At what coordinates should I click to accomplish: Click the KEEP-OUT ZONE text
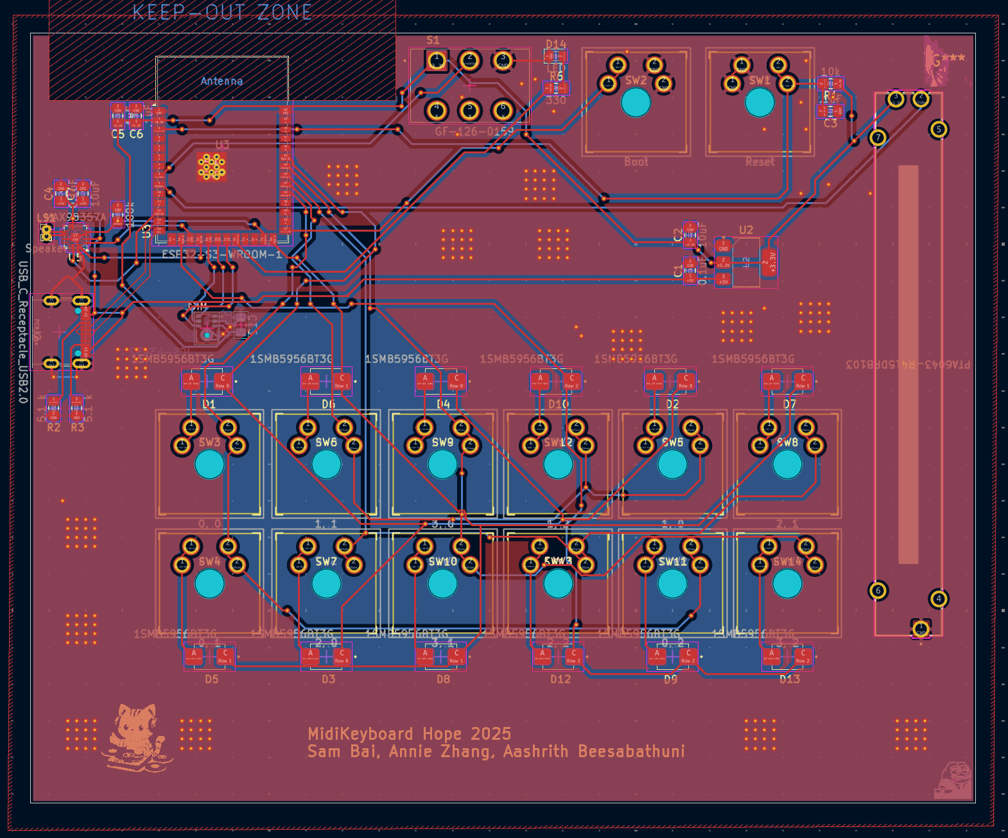[x=222, y=12]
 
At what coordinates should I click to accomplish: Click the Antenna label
[x=222, y=81]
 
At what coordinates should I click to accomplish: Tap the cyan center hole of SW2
[x=636, y=102]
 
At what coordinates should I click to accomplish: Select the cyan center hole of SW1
[x=759, y=102]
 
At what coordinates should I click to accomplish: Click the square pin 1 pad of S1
[x=437, y=62]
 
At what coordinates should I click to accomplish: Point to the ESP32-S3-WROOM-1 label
[x=222, y=254]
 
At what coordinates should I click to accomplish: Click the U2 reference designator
[x=746, y=230]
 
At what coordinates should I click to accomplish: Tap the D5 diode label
[x=211, y=679]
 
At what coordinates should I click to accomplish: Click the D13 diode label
[x=790, y=679]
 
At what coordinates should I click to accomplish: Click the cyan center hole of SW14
[x=787, y=583]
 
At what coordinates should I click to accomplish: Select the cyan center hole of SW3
[x=209, y=465]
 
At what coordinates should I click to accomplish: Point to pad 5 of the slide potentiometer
[x=939, y=129]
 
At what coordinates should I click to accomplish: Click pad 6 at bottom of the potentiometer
[x=878, y=590]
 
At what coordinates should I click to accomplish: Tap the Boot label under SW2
[x=636, y=162]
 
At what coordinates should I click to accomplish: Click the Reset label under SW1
[x=760, y=162]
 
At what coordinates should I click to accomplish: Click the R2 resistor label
[x=53, y=427]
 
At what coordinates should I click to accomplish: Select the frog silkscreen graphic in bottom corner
[x=955, y=780]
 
